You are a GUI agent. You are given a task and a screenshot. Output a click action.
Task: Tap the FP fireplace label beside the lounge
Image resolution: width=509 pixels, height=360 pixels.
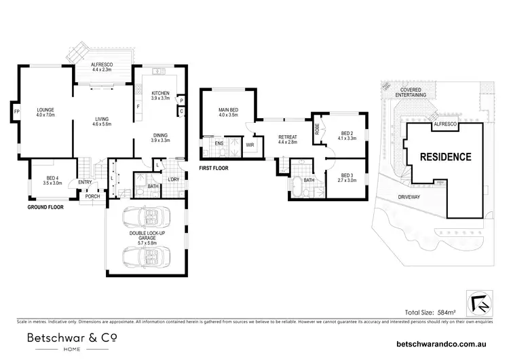pyautogui.click(x=14, y=109)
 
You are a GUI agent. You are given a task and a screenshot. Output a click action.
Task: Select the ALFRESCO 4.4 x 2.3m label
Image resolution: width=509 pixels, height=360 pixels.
pyautogui.click(x=102, y=67)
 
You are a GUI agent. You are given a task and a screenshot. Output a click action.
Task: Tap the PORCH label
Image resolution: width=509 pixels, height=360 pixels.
pyautogui.click(x=92, y=196)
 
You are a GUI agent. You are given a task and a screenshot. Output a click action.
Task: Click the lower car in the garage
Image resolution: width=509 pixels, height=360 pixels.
pyautogui.click(x=143, y=257)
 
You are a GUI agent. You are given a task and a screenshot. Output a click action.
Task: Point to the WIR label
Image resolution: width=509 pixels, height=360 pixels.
pyautogui.click(x=249, y=145)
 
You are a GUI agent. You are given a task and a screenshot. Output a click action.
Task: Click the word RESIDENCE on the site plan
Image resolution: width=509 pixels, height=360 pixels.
pyautogui.click(x=445, y=156)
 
